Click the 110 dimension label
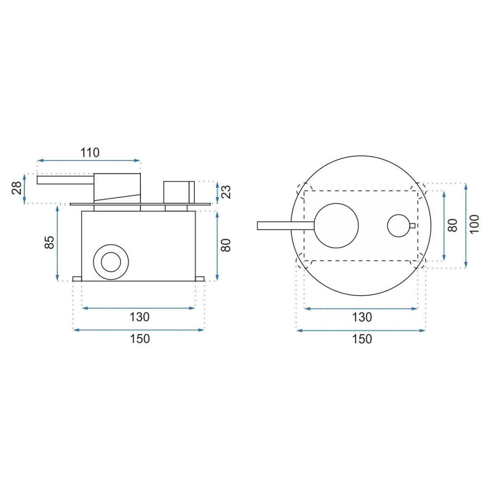point(90,153)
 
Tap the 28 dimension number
point(17,188)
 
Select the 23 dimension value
point(226,192)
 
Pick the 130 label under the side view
point(139,317)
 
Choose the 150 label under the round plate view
point(362,339)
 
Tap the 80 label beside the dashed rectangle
point(453,225)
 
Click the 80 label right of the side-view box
point(226,245)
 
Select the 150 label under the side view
point(140,339)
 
